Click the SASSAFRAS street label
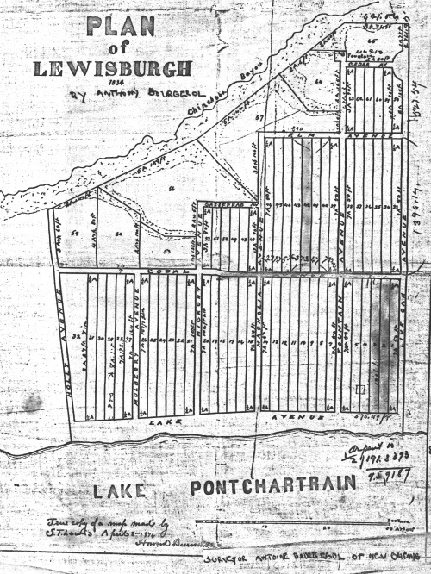click(x=220, y=204)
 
